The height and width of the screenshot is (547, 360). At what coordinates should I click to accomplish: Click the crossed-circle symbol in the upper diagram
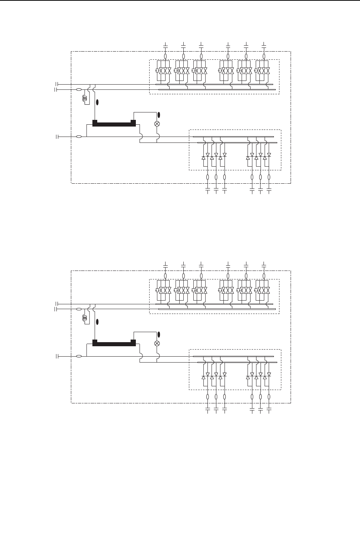pyautogui.click(x=157, y=124)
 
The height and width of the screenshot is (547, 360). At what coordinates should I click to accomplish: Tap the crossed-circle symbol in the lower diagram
pyautogui.click(x=157, y=343)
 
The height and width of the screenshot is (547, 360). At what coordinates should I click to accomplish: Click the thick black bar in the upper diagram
pyautogui.click(x=114, y=124)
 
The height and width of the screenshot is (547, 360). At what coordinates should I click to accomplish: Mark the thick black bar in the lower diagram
pyautogui.click(x=114, y=343)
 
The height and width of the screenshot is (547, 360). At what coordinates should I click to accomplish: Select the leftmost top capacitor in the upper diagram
pyautogui.click(x=166, y=46)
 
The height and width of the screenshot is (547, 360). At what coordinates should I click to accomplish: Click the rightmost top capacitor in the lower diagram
pyautogui.click(x=264, y=266)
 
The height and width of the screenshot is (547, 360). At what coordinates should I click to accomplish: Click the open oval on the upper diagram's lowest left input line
pyautogui.click(x=79, y=137)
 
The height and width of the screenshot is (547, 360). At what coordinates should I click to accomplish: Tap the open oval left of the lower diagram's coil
pyautogui.click(x=79, y=309)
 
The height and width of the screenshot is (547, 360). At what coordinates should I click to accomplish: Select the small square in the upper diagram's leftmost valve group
pyautogui.click(x=157, y=71)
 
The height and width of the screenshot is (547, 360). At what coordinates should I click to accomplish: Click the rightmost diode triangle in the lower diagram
pyautogui.click(x=269, y=374)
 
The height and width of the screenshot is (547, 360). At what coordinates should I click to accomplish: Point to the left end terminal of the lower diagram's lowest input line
pyautogui.click(x=57, y=356)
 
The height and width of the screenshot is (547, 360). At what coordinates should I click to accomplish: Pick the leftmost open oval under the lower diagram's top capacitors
pyautogui.click(x=166, y=276)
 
